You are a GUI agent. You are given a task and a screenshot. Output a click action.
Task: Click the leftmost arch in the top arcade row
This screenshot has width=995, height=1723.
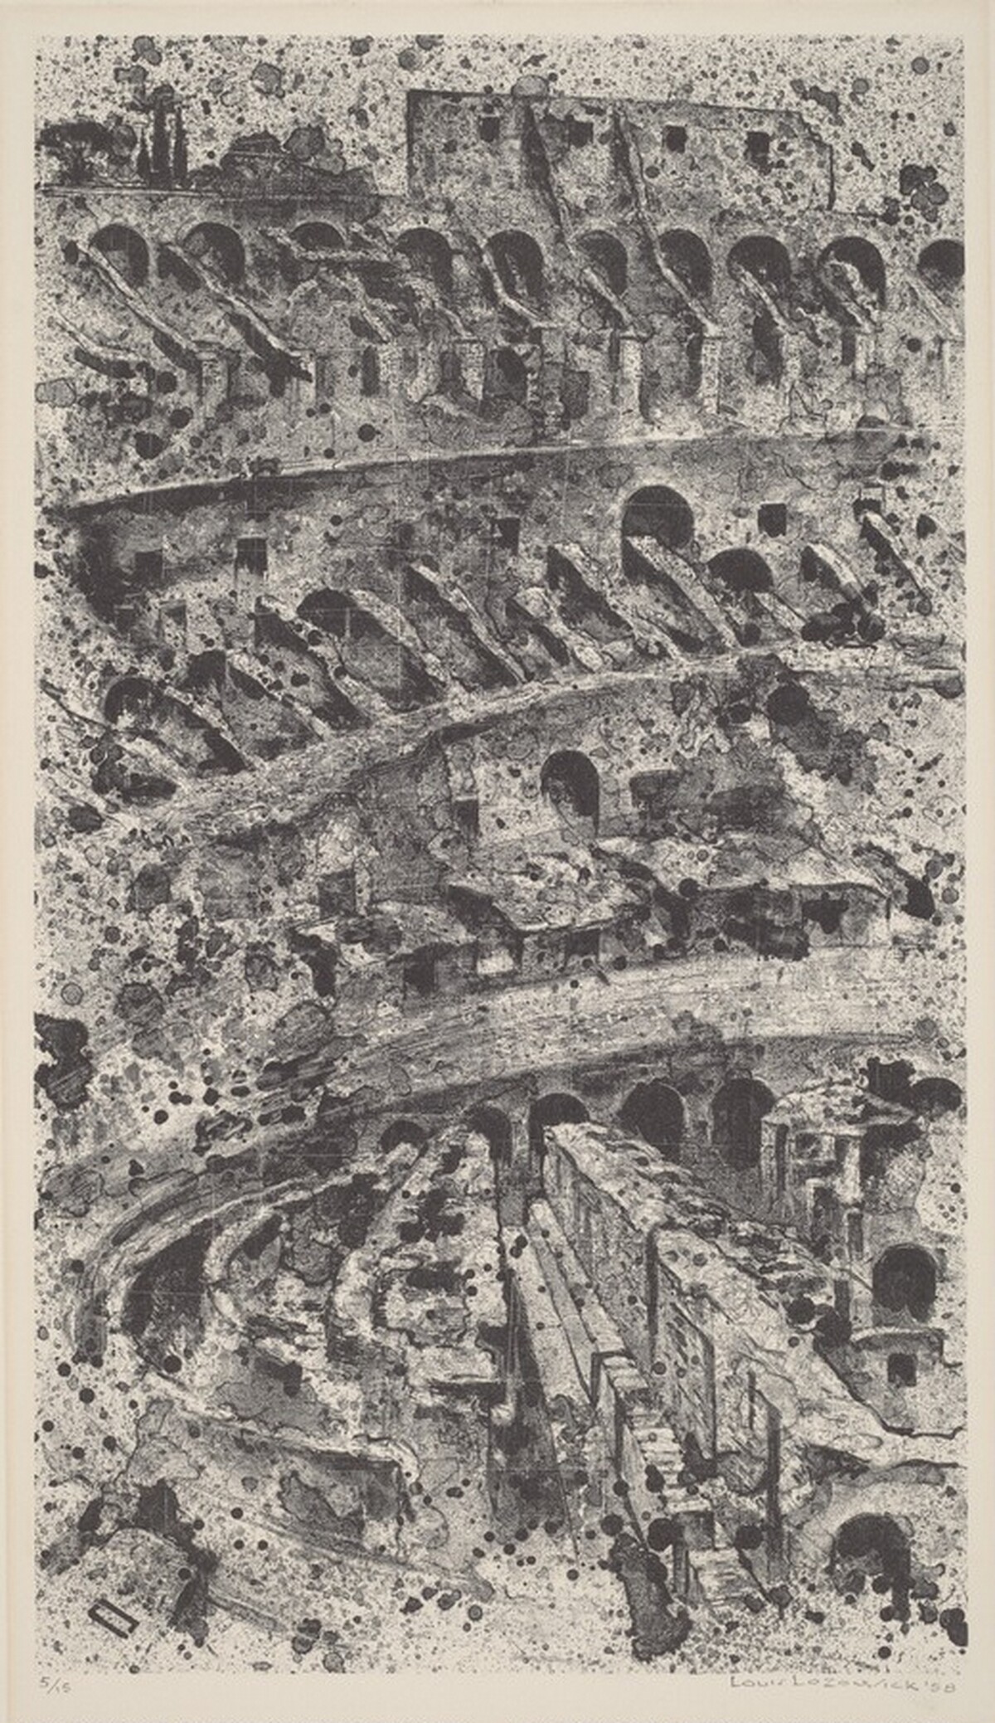pyautogui.click(x=120, y=253)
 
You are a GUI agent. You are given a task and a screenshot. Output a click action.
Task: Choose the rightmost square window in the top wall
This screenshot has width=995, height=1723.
pyautogui.click(x=757, y=145)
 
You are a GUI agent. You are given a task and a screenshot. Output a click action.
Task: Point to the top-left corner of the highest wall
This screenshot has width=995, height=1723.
pyautogui.click(x=408, y=93)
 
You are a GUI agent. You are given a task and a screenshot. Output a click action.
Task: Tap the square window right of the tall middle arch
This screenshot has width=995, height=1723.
pyautogui.click(x=771, y=518)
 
